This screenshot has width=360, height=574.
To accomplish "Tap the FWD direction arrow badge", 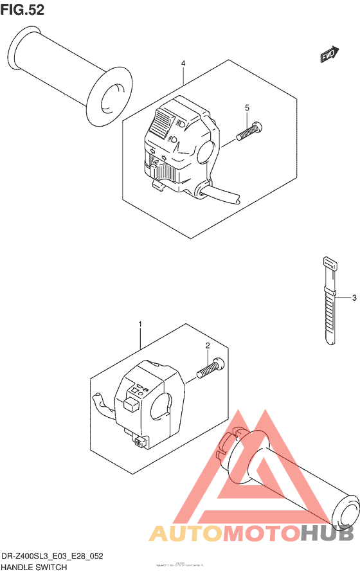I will click(x=329, y=56).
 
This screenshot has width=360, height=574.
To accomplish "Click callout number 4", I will click(x=183, y=64).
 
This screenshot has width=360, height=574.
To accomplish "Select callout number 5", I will click(x=247, y=107).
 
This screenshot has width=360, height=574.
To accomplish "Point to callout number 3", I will click(x=354, y=298).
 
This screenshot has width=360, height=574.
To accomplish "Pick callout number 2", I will click(x=208, y=346).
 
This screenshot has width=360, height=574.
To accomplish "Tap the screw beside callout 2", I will click(x=210, y=368).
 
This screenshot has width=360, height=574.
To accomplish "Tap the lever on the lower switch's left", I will click(x=102, y=403).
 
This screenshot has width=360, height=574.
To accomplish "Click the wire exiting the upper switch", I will click(x=222, y=195).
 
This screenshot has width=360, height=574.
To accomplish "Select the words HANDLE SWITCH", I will click(x=33, y=568).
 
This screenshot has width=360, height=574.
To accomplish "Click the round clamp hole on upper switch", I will click(x=205, y=151).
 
